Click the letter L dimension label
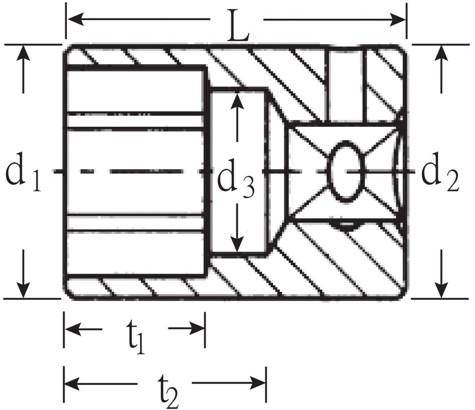(238, 26)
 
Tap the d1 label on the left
(24, 173)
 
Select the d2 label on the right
(441, 173)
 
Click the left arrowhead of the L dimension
(75, 19)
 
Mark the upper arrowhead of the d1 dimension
(24, 54)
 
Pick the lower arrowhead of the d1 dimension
(24, 290)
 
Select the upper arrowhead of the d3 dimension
(237, 100)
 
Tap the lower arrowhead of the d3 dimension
(237, 244)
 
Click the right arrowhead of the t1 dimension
(197, 329)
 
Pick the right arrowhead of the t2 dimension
(257, 383)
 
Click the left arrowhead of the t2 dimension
(73, 383)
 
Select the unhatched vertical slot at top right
(346, 85)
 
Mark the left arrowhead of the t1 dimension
(73, 329)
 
